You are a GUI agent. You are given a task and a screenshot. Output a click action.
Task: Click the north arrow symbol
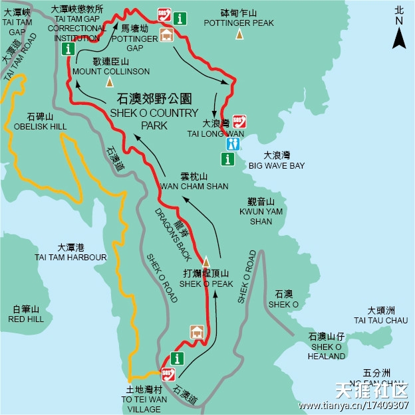click(x=399, y=36)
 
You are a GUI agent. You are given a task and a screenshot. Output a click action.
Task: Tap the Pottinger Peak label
click(x=239, y=18)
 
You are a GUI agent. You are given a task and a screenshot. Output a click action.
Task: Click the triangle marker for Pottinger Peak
click(x=239, y=35)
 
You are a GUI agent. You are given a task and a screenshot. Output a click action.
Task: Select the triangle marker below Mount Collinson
click(x=110, y=82)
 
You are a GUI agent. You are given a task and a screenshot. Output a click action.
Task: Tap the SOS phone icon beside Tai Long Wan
click(x=240, y=122)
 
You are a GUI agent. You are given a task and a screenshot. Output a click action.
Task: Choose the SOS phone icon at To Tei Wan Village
click(x=168, y=374)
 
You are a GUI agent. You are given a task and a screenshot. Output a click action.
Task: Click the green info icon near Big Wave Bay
click(x=227, y=159)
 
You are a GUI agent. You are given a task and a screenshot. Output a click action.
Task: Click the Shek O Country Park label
click(x=154, y=111)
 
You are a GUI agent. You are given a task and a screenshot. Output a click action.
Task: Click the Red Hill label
click(x=26, y=314)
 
